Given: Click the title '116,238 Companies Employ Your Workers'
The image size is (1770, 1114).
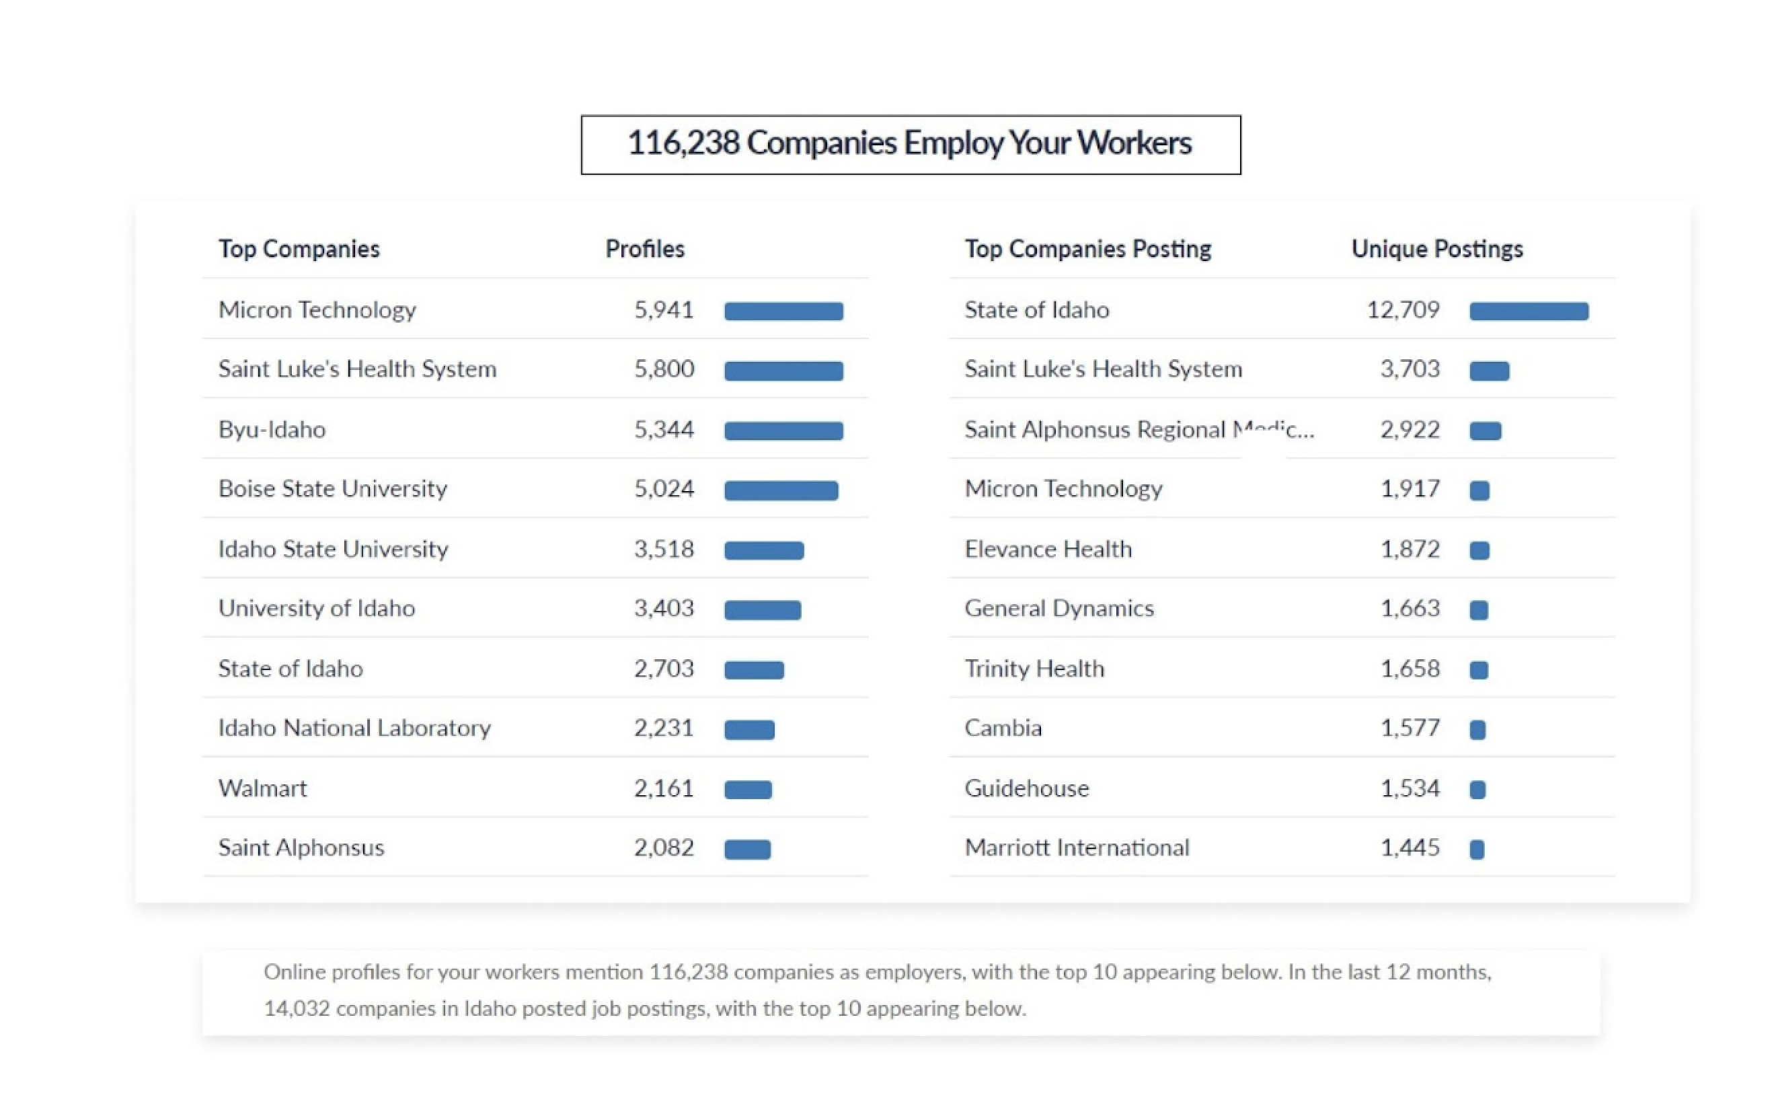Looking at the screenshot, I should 909,143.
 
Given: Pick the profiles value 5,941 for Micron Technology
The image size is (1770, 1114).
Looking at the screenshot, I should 663,309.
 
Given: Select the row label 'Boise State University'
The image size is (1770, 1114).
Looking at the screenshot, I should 332,488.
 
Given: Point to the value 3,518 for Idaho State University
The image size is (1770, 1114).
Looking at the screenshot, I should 663,548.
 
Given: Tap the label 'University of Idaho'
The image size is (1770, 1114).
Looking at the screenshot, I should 316,608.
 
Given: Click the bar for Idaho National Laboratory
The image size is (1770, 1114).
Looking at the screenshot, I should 749,729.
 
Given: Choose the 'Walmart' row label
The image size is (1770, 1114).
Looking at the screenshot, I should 262,788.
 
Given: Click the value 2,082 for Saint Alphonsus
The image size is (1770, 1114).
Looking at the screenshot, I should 663,847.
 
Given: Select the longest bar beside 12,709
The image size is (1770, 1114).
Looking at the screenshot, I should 1528,311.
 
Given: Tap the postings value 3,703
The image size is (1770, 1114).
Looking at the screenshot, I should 1409,369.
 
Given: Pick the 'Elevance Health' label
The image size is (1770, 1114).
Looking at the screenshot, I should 1048,548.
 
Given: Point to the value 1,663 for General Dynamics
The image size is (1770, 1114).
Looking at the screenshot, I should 1409,608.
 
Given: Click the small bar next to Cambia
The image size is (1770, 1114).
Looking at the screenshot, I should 1477,729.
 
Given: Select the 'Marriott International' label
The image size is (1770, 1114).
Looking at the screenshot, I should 1076,847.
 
